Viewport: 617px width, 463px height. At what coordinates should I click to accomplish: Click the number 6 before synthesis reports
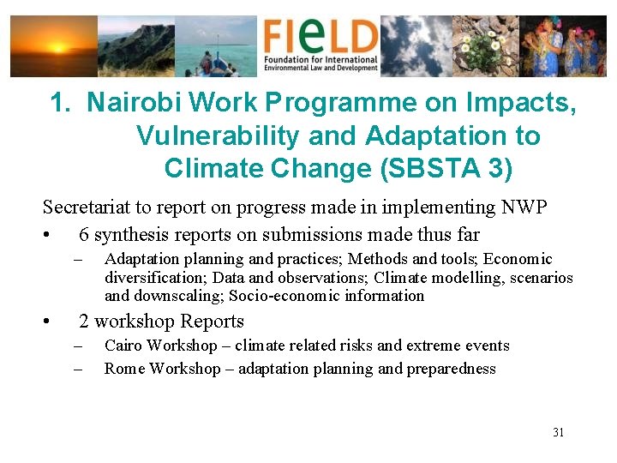click(84, 235)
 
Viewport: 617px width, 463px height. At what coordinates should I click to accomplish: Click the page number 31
click(558, 432)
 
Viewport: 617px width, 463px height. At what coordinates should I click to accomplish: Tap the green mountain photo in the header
click(135, 45)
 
